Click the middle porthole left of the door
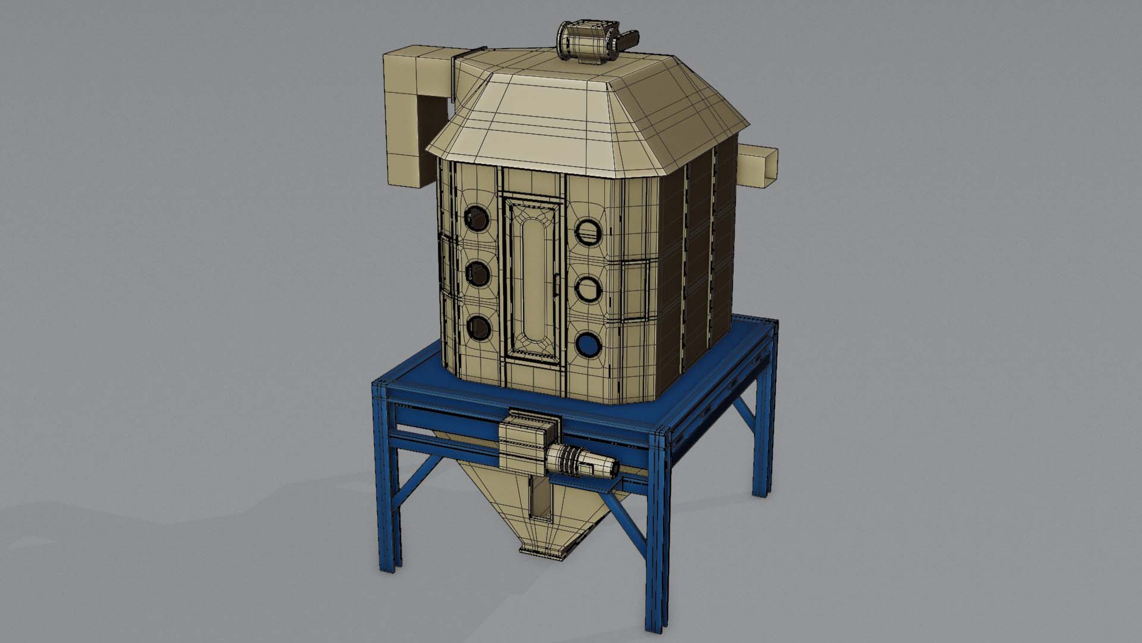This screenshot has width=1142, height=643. pos(478,273)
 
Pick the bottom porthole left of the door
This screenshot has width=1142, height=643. pos(478,327)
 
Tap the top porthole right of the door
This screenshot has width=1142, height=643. pos(589,231)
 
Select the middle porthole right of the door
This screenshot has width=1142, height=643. pos(589,289)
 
